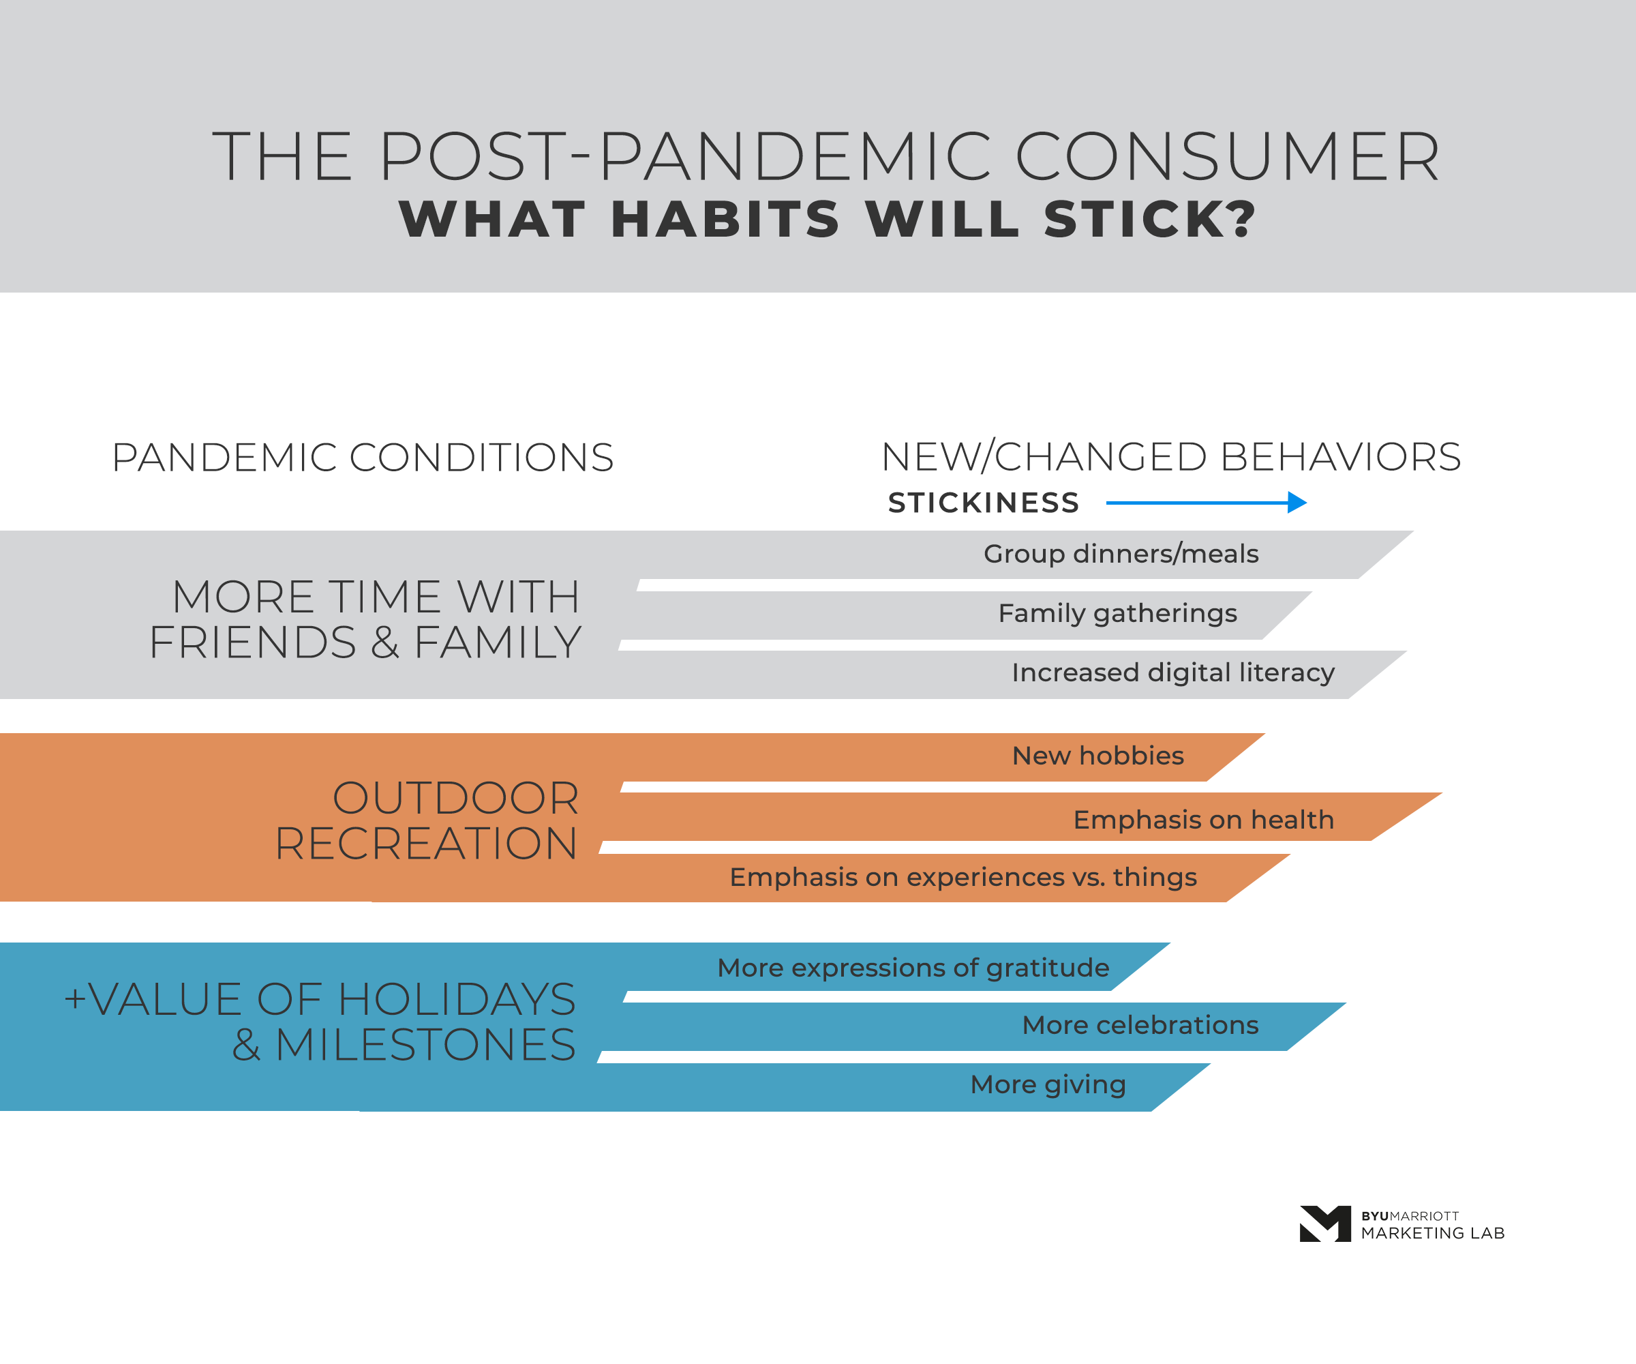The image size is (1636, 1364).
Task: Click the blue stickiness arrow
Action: click(x=1205, y=503)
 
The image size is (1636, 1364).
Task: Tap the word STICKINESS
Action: click(x=983, y=503)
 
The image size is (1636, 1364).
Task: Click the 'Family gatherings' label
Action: click(x=1117, y=613)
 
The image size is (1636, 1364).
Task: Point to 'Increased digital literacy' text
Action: click(x=1172, y=672)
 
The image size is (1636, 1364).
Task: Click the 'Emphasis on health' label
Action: click(x=1203, y=820)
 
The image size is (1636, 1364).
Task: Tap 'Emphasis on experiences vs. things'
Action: click(x=963, y=878)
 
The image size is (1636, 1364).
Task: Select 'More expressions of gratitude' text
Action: click(x=913, y=968)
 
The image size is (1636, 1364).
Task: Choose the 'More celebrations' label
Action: click(x=1140, y=1026)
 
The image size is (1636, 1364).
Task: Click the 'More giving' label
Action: click(x=1048, y=1085)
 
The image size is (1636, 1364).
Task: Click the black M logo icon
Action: click(x=1324, y=1224)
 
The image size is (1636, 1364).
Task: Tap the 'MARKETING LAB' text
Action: click(x=1432, y=1233)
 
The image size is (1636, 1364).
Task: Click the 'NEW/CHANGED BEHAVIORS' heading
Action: click(x=1171, y=458)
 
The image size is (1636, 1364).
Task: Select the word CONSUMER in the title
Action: click(x=1227, y=158)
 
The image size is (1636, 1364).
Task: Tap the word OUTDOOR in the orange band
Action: click(x=456, y=798)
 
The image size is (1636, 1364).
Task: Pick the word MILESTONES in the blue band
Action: click(x=425, y=1046)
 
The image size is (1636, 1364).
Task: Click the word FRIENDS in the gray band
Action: click(x=252, y=643)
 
